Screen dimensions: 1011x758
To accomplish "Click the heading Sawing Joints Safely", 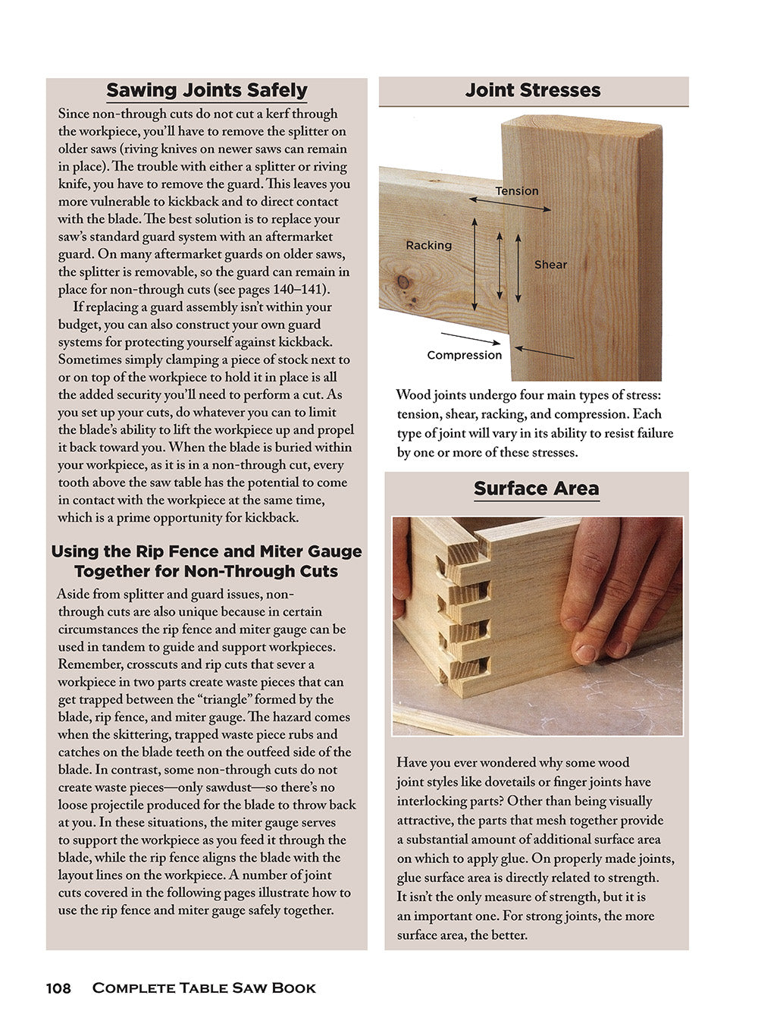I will point(206,90).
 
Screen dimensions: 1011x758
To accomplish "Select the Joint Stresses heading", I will point(533,90).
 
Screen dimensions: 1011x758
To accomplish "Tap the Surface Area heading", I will point(536,488).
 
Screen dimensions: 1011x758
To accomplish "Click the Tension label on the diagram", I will point(517,191).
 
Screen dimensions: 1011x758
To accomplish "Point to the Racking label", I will point(428,245).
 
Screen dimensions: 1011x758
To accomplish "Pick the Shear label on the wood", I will point(550,265).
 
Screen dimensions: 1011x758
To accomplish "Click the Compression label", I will point(464,355).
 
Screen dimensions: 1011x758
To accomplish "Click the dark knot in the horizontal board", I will point(403,283).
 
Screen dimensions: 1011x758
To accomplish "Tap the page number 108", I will point(58,987).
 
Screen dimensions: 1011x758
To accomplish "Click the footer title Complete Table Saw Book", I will point(204,987).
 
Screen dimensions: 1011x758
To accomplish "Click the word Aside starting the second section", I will point(74,594).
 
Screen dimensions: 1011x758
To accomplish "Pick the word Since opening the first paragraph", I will point(74,114).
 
